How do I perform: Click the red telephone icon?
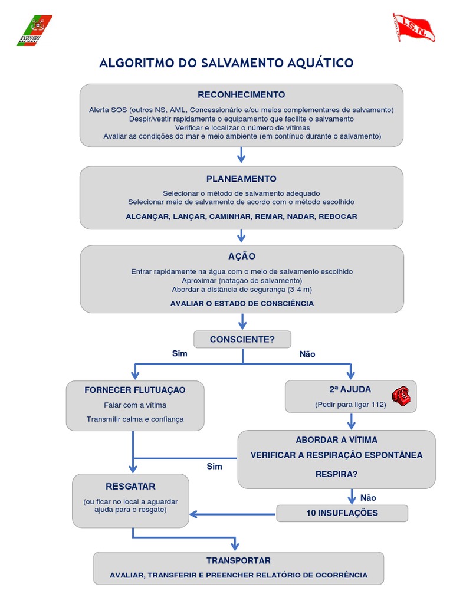[x=401, y=396]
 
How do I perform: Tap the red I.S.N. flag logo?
[x=413, y=28]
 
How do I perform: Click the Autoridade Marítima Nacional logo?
[x=34, y=30]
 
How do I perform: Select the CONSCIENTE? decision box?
[x=242, y=339]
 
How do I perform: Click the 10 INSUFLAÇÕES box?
[x=342, y=513]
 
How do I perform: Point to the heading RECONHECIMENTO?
[x=241, y=94]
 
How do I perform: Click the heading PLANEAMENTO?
[x=241, y=179]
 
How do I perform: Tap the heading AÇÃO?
[x=241, y=257]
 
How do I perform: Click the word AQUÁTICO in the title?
[x=322, y=63]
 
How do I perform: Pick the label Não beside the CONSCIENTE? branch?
[x=307, y=354]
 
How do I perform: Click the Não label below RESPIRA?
[x=368, y=497]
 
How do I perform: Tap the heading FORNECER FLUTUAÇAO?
[x=135, y=390]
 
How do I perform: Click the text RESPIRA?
[x=336, y=474]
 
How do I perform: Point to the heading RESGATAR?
[x=130, y=487]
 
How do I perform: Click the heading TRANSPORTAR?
[x=238, y=560]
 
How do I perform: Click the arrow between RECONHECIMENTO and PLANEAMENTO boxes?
[x=241, y=156]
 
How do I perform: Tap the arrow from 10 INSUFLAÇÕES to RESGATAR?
[x=232, y=514]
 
